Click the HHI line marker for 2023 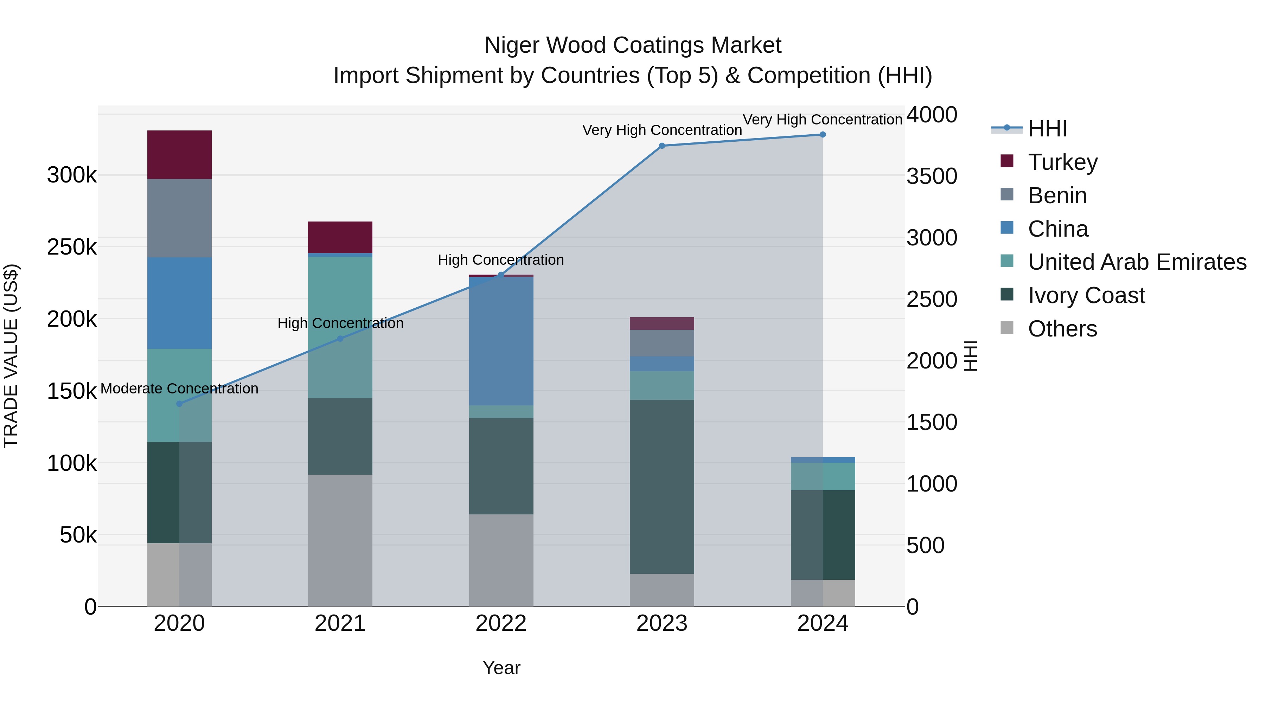[x=661, y=146]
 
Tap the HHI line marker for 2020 [x=179, y=404]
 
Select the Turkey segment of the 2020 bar [x=179, y=155]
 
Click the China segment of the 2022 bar [x=501, y=341]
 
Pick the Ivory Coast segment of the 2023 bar [x=661, y=487]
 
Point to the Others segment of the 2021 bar [x=340, y=540]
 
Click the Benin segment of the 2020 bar [x=179, y=218]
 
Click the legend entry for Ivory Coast [x=1086, y=295]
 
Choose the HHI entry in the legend [x=1047, y=129]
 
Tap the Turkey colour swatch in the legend [x=1007, y=161]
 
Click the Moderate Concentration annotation [x=179, y=389]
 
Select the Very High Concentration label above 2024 [x=822, y=120]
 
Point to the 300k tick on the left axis [x=72, y=175]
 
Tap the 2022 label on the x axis [x=501, y=623]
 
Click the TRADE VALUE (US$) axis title [x=11, y=356]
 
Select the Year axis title [x=501, y=668]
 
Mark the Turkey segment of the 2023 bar [x=661, y=323]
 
